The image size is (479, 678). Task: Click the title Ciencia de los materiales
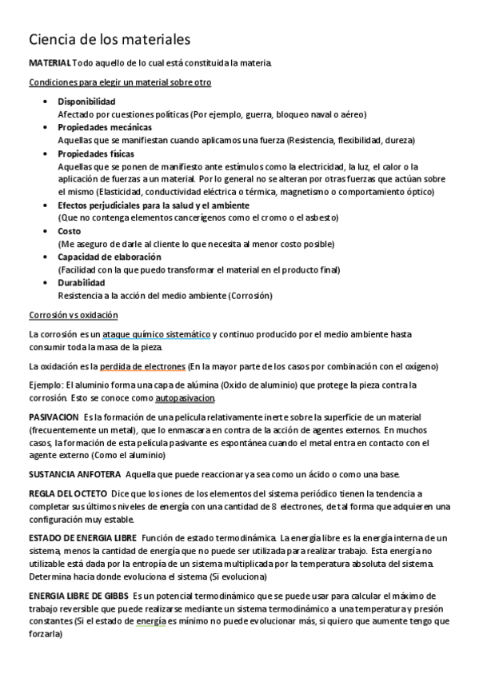(x=110, y=38)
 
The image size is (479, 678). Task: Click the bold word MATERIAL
(x=50, y=63)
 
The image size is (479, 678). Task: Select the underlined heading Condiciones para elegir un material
(x=120, y=82)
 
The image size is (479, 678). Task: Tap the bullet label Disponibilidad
(x=86, y=102)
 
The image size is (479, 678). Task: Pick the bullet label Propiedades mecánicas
(x=104, y=127)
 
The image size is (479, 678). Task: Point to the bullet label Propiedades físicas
(x=96, y=154)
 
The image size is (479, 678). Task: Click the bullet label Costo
(x=70, y=231)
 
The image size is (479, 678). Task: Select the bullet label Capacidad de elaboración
(x=110, y=257)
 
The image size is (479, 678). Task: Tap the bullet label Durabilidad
(x=82, y=283)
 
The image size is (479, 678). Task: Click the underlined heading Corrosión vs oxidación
(x=73, y=315)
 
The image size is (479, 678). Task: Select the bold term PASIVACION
(x=54, y=417)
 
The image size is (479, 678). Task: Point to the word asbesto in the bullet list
(x=321, y=217)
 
